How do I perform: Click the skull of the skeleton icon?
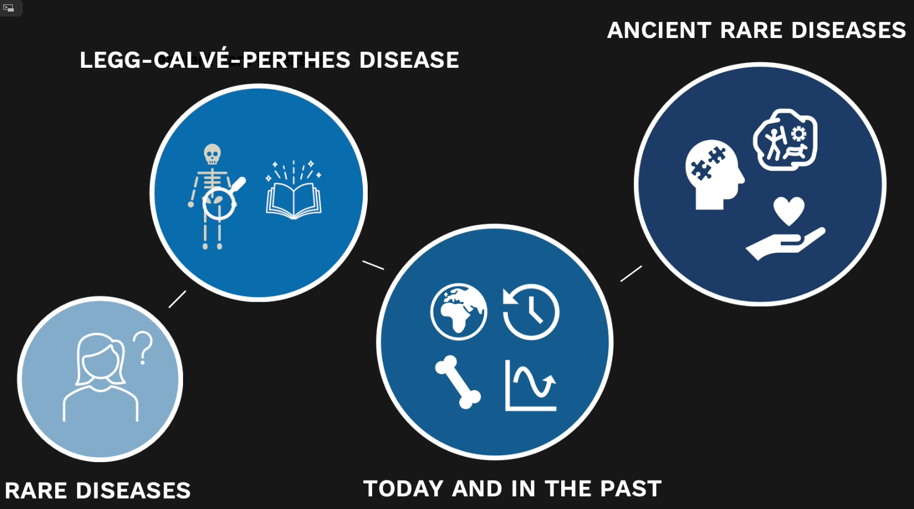pos(212,154)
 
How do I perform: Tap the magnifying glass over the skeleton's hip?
pos(221,202)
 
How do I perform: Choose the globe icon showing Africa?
pos(459,312)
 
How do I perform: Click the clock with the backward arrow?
pos(530,312)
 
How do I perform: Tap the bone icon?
pos(458,382)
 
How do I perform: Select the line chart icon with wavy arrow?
pos(530,386)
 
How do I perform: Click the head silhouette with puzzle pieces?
pos(714,175)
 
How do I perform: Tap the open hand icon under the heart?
pos(786,243)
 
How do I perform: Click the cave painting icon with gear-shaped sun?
pos(785,140)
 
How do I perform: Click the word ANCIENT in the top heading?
pos(659,30)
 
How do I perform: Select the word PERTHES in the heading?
pos(296,60)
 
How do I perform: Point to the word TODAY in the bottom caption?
pos(403,489)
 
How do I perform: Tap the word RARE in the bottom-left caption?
pos(36,490)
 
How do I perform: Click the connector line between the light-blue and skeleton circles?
pos(178,299)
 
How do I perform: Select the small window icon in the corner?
pos(8,8)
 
